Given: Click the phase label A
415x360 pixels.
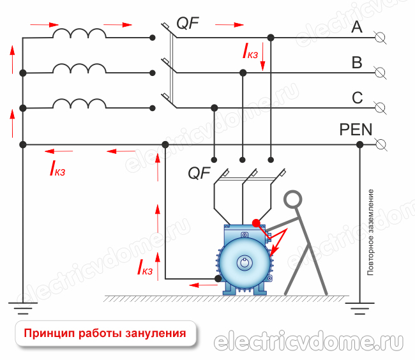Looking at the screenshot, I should pyautogui.click(x=357, y=27).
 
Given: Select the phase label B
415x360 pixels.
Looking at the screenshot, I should pyautogui.click(x=357, y=63).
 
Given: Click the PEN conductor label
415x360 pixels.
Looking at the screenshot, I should pyautogui.click(x=356, y=130).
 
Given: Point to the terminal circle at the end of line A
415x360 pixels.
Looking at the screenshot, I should pyautogui.click(x=381, y=38).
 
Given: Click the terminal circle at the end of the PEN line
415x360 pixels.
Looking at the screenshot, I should pyautogui.click(x=381, y=144).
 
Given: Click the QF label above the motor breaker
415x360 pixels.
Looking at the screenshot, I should pyautogui.click(x=199, y=172).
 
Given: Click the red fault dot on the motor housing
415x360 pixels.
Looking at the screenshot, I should pyautogui.click(x=256, y=223).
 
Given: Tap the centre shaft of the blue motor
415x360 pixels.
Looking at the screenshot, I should pyautogui.click(x=245, y=262).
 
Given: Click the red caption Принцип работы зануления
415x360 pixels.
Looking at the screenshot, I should pyautogui.click(x=105, y=333).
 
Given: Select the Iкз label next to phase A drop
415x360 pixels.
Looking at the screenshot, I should pyautogui.click(x=250, y=52).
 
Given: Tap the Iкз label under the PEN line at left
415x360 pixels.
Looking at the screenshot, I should pyautogui.click(x=57, y=169).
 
